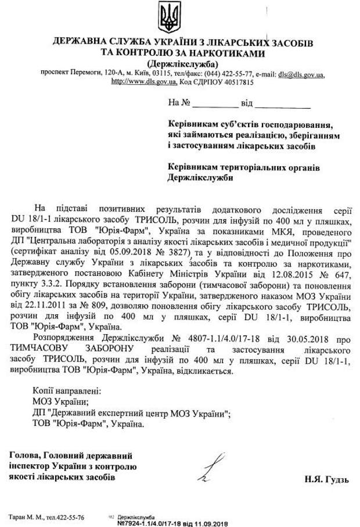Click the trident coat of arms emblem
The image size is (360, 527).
[170, 18]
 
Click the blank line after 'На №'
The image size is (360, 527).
[215, 104]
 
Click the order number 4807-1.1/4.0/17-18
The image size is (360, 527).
[230, 337]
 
